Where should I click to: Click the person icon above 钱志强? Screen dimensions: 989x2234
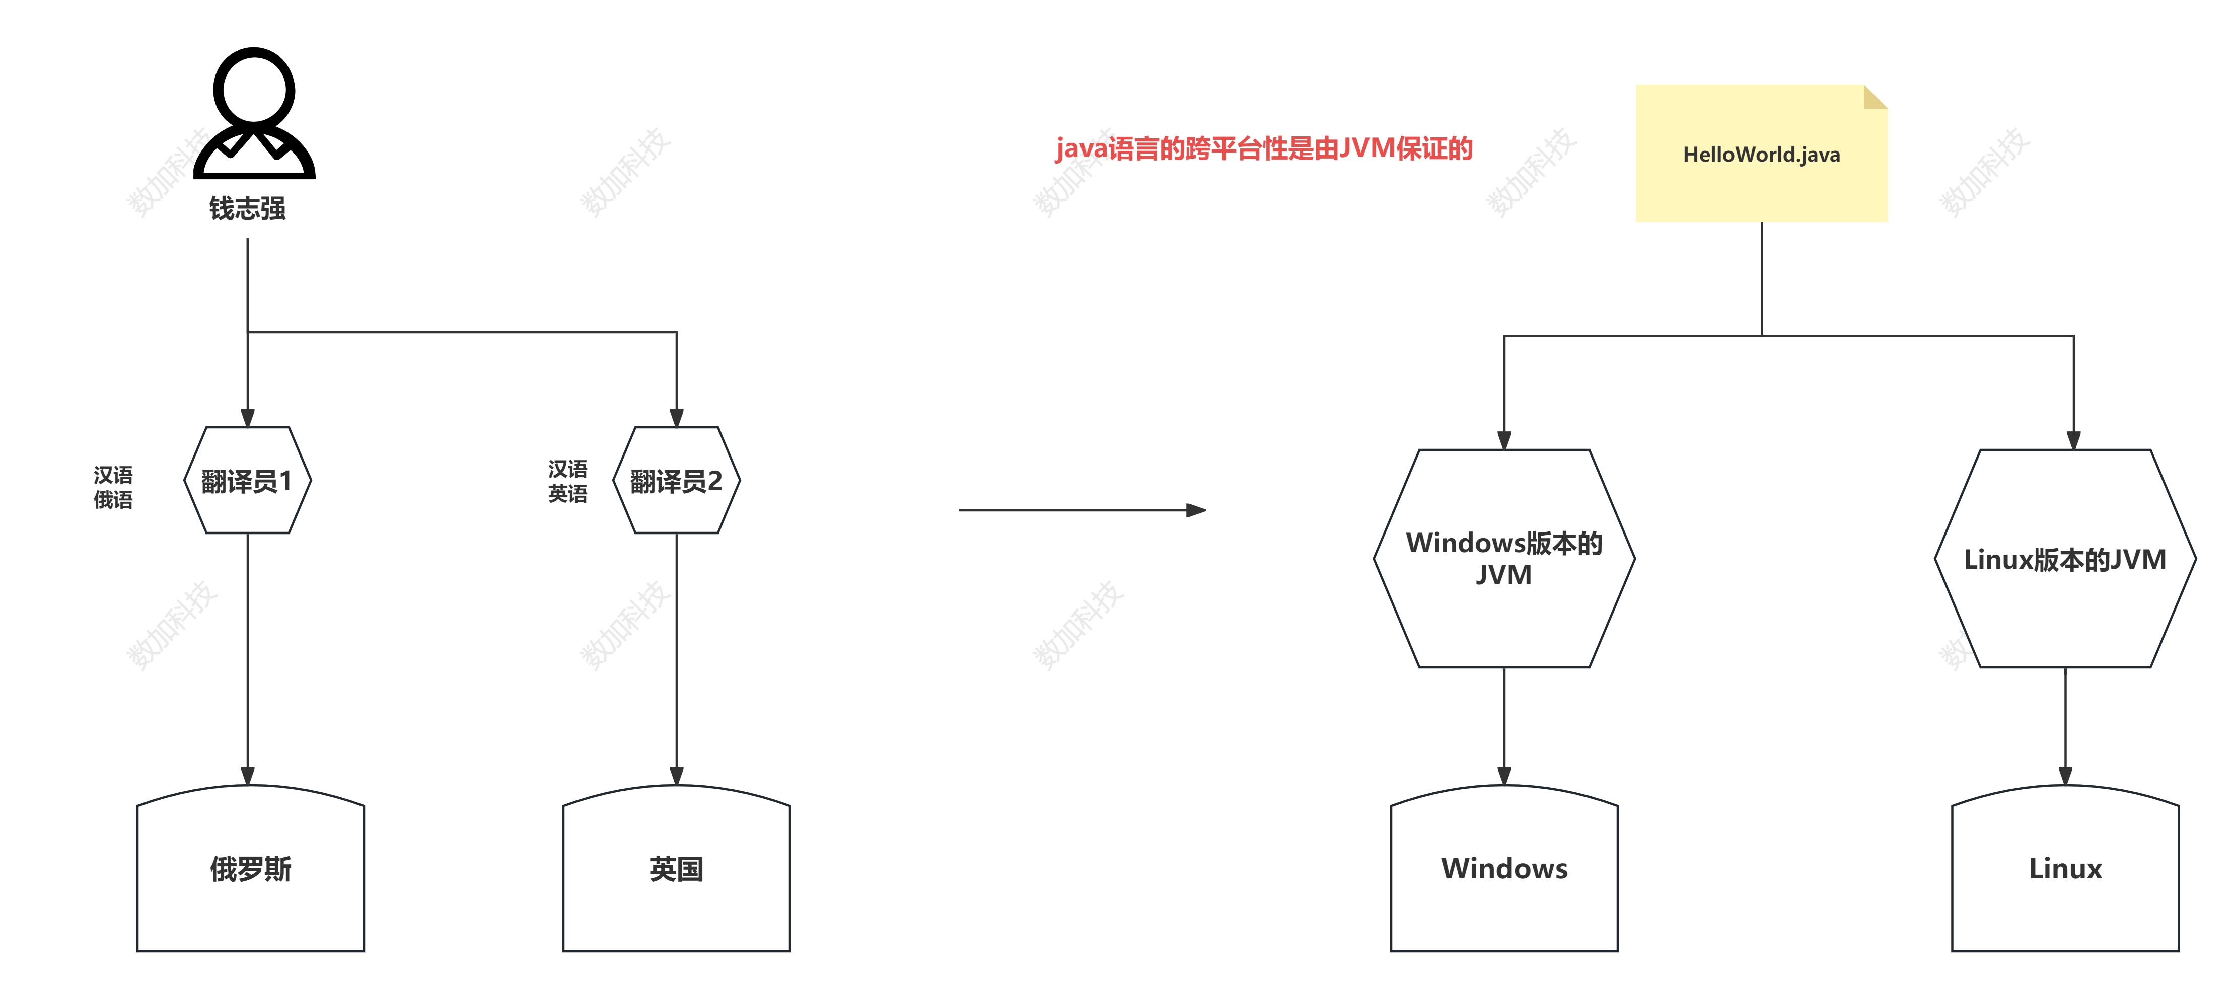point(254,113)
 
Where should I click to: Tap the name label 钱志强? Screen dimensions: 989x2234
point(247,208)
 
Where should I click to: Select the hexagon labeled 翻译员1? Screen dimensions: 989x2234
point(247,480)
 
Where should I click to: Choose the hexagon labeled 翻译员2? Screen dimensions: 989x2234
point(677,480)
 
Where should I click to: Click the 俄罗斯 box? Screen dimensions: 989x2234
point(251,869)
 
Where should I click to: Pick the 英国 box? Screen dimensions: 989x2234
point(677,869)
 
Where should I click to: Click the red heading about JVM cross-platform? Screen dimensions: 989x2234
point(1264,149)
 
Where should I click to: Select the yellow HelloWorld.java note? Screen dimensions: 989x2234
point(1761,155)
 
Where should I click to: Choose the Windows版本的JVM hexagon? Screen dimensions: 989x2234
point(1504,558)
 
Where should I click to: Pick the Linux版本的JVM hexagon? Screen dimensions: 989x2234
point(2065,558)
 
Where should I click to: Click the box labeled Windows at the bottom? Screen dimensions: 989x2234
point(1504,869)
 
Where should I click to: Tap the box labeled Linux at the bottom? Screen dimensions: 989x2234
point(2065,869)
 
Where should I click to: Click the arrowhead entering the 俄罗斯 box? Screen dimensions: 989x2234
point(248,775)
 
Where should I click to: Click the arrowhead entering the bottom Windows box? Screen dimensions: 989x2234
point(1504,775)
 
